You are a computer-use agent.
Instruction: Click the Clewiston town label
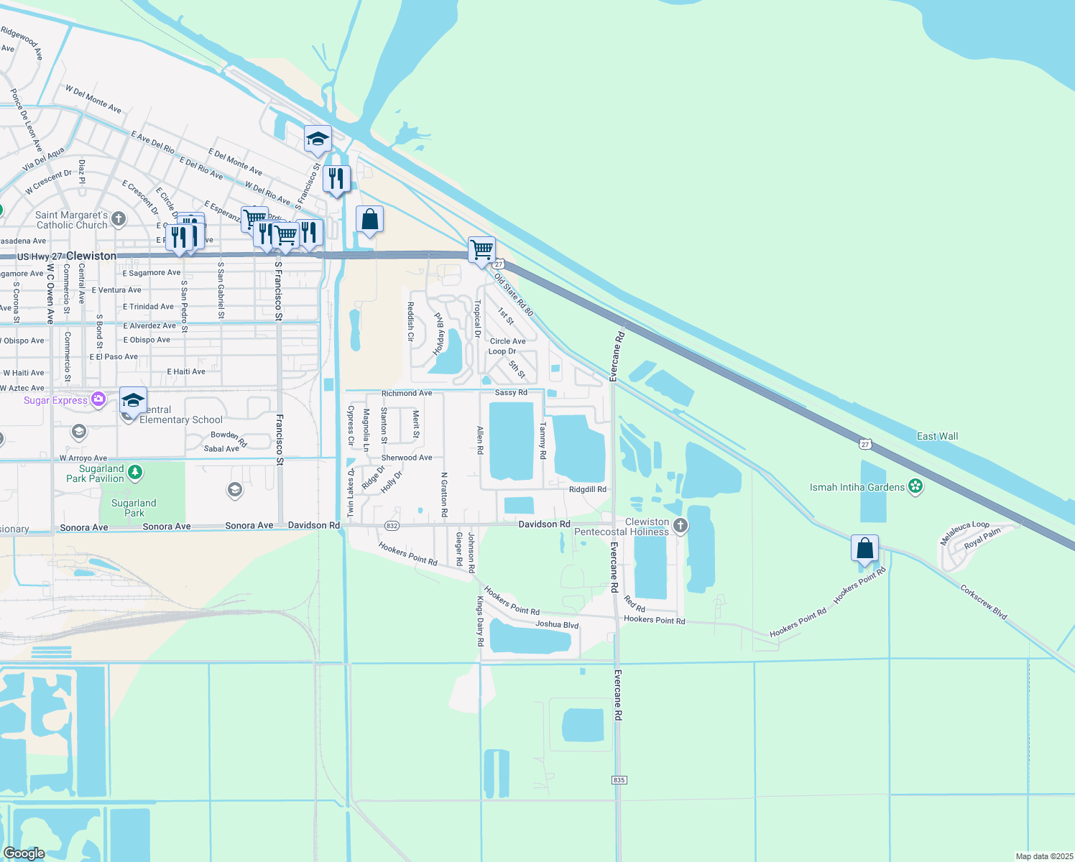pyautogui.click(x=91, y=256)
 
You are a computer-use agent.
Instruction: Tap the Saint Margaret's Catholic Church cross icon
pyautogui.click(x=119, y=219)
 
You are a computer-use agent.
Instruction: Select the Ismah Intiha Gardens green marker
pyautogui.click(x=915, y=487)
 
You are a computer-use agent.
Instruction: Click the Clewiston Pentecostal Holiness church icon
pyautogui.click(x=680, y=527)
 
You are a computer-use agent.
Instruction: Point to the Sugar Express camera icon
pyautogui.click(x=98, y=399)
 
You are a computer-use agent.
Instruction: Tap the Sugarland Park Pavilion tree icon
pyautogui.click(x=135, y=473)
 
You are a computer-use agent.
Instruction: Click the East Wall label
pyautogui.click(x=937, y=436)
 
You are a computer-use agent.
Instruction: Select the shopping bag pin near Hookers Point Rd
pyautogui.click(x=865, y=549)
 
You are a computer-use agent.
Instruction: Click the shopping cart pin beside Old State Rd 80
pyautogui.click(x=481, y=250)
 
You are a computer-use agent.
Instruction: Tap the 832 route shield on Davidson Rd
pyautogui.click(x=392, y=526)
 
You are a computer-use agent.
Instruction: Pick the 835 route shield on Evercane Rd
pyautogui.click(x=619, y=780)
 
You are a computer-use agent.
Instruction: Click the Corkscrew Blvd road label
pyautogui.click(x=984, y=602)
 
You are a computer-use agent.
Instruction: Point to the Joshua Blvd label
pyautogui.click(x=556, y=624)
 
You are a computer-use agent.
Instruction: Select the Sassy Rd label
pyautogui.click(x=511, y=392)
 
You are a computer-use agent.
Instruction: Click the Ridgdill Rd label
pyautogui.click(x=587, y=489)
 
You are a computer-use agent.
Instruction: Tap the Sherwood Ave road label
pyautogui.click(x=407, y=458)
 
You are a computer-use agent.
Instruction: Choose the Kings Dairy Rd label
pyautogui.click(x=480, y=621)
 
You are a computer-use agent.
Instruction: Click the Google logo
pyautogui.click(x=24, y=853)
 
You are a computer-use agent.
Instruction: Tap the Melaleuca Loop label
pyautogui.click(x=964, y=533)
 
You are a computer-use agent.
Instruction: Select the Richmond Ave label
pyautogui.click(x=407, y=393)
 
